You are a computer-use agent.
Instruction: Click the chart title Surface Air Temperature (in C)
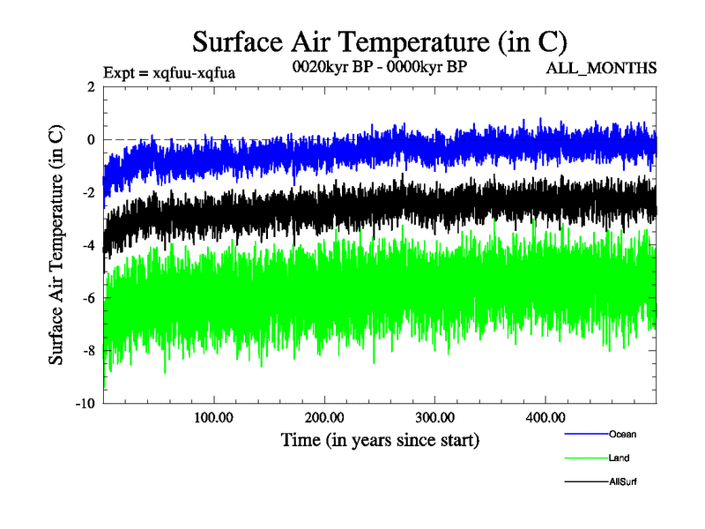point(379,41)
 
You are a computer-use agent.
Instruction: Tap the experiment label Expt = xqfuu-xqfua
point(169,71)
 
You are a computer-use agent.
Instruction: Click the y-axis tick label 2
point(91,86)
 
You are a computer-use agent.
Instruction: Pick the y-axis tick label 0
point(91,139)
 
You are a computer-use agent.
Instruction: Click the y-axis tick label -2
point(87,192)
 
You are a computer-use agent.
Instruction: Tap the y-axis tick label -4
point(87,245)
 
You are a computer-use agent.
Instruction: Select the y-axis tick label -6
point(87,298)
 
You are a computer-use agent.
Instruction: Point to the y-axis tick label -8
point(87,351)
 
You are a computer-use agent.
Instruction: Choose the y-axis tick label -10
point(84,404)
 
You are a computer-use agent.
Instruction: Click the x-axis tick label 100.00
point(212,417)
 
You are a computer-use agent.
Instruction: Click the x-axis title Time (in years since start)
point(380,439)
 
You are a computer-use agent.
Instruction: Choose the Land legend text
point(619,458)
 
